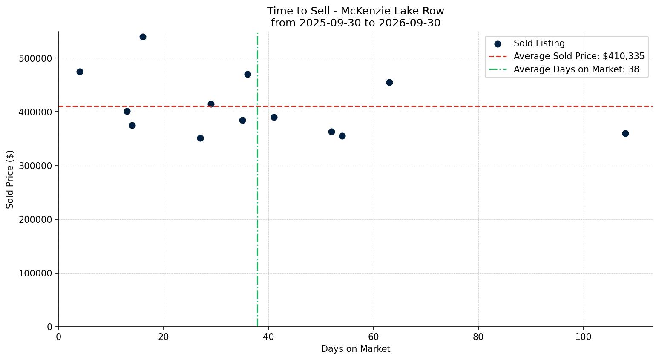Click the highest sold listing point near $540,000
point(143,37)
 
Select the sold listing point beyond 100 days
point(625,133)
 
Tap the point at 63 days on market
point(389,82)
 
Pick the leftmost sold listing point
point(80,72)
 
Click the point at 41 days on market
point(274,117)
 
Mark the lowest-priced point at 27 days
point(200,138)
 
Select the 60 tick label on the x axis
point(374,337)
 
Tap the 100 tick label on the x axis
point(584,337)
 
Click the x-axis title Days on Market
point(356,349)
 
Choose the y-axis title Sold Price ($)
point(10,179)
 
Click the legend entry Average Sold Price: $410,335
point(579,56)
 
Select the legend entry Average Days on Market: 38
point(576,69)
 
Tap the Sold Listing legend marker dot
point(498,44)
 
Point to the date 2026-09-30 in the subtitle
point(409,23)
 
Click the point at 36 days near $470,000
point(247,75)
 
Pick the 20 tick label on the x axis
point(164,337)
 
